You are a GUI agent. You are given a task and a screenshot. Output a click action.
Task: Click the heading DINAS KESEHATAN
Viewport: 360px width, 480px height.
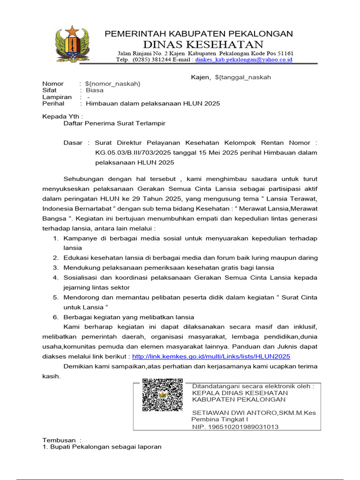[203, 45]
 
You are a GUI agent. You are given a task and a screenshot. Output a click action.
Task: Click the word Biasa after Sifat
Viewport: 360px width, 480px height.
[94, 90]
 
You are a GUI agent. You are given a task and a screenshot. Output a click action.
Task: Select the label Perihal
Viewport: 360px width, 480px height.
[53, 103]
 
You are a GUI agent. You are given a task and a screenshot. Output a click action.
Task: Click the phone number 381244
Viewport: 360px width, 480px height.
[162, 60]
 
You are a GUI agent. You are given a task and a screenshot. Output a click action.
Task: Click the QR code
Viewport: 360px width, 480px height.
[162, 395]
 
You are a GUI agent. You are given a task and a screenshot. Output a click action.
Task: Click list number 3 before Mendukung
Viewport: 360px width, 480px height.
[55, 268]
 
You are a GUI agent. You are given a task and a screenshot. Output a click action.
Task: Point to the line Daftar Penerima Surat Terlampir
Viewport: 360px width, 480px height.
[114, 124]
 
